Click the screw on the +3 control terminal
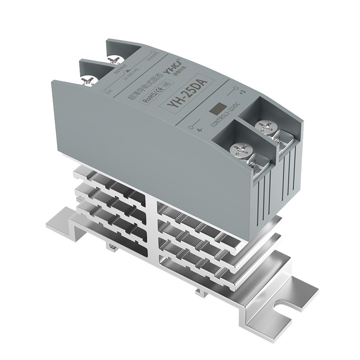pos(263,127)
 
